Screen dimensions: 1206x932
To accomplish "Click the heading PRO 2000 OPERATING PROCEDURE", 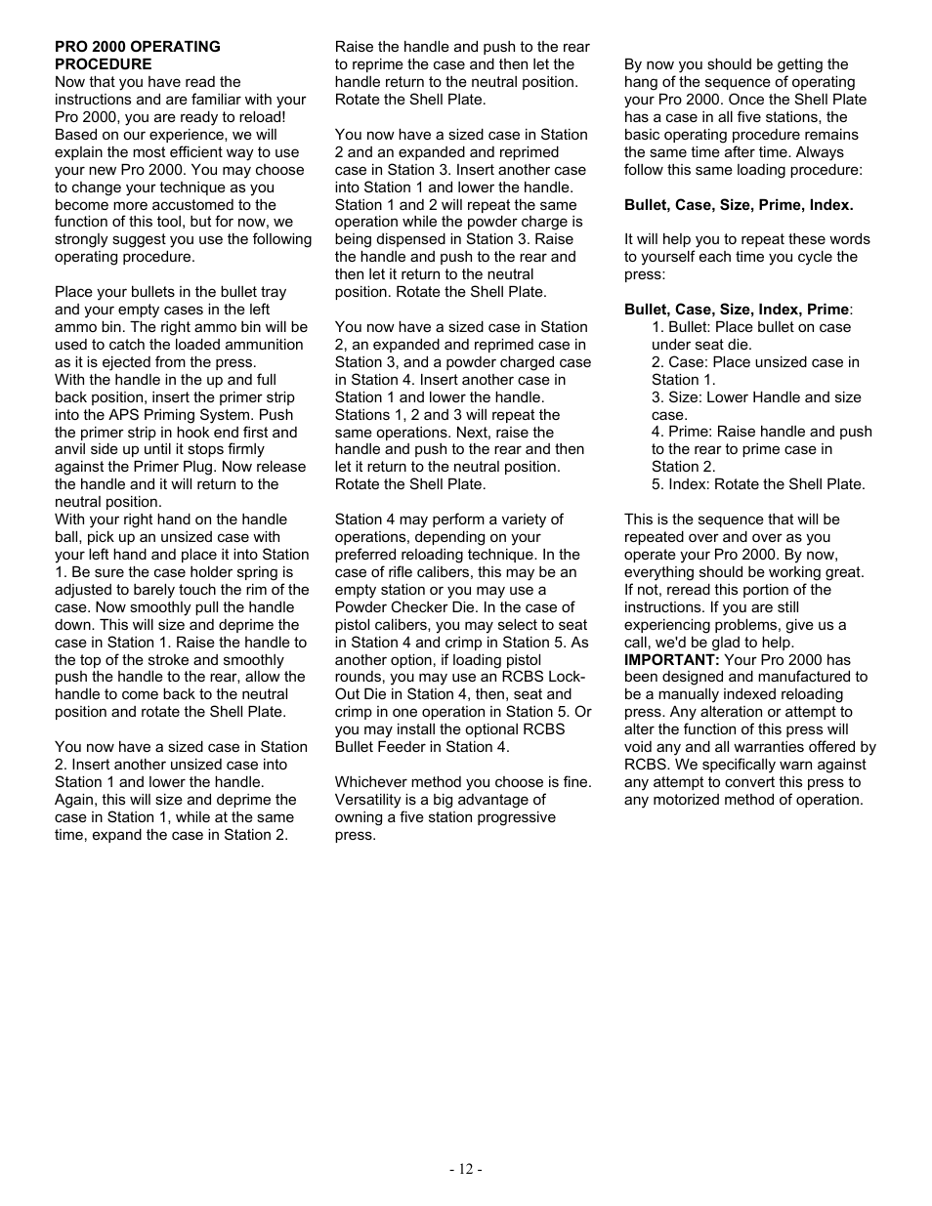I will (x=137, y=55).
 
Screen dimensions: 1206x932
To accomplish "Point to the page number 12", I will (x=466, y=1169).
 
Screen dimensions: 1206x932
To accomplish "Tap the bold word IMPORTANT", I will (x=671, y=660).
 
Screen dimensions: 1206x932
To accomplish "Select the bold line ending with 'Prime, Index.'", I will (x=739, y=205).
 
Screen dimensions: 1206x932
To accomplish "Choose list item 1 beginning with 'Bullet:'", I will (x=750, y=336).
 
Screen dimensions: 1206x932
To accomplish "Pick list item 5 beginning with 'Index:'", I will (x=758, y=484).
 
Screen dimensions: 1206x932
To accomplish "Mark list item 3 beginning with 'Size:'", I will (x=756, y=406).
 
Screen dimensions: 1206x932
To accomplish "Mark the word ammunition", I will (x=258, y=345).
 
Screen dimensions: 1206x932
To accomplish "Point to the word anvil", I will (x=73, y=449).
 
